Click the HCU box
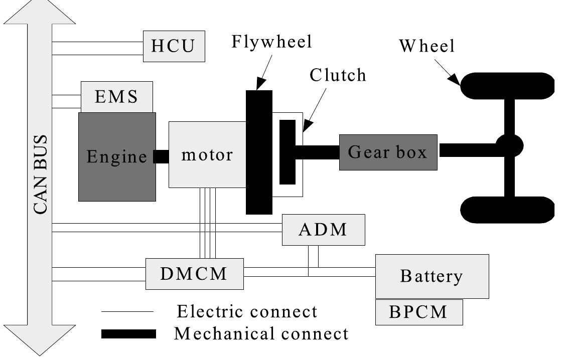[x=174, y=46]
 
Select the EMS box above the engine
[x=117, y=97]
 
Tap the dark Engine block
[x=117, y=156]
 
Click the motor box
[x=207, y=154]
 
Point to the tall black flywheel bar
[x=259, y=152]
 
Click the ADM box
[x=323, y=230]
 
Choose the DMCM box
[x=194, y=274]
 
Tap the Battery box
[x=432, y=276]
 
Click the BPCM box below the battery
[x=418, y=312]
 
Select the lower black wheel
[x=507, y=210]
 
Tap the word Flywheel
[x=271, y=42]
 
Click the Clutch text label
[x=338, y=75]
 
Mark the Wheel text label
[x=426, y=46]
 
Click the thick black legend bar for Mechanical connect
[x=128, y=334]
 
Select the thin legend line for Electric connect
[x=127, y=312]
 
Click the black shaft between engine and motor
[x=162, y=156]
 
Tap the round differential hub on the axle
[x=509, y=146]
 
